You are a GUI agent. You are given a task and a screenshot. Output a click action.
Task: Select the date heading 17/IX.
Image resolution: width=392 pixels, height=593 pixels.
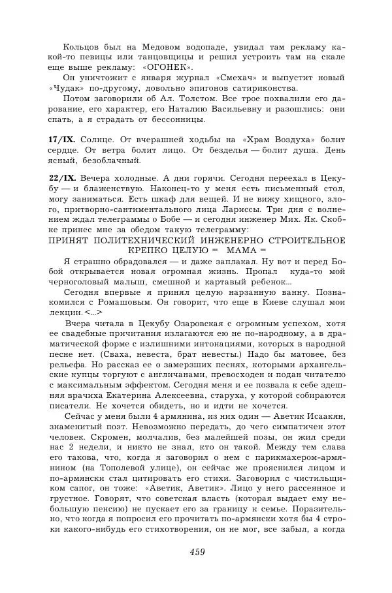click(62, 140)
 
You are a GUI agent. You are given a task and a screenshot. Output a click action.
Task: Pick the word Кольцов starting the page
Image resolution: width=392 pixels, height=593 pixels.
click(82, 47)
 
